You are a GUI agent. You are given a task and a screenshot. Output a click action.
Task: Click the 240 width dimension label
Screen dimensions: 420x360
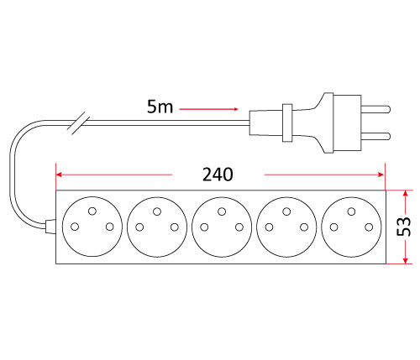click(x=218, y=175)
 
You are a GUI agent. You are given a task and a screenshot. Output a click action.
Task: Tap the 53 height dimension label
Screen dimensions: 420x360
click(x=404, y=227)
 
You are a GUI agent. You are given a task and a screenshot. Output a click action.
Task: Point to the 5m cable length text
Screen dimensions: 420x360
click(x=160, y=107)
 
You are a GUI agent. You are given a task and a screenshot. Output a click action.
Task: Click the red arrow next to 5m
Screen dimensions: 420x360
click(x=208, y=109)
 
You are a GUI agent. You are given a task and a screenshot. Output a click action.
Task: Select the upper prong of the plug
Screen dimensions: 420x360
click(x=375, y=109)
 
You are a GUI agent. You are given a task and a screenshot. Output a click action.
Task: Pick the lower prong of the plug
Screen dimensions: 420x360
click(x=375, y=136)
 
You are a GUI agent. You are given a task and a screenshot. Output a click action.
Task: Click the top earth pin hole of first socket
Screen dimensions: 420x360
click(x=92, y=211)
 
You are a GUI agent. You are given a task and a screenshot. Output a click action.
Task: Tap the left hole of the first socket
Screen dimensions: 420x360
click(x=75, y=227)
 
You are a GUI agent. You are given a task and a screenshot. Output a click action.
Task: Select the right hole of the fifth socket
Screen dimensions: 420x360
click(x=369, y=227)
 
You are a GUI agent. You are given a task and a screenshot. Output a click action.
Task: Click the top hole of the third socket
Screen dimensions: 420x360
click(x=222, y=211)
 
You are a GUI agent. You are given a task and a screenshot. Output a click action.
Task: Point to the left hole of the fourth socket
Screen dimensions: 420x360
click(x=269, y=227)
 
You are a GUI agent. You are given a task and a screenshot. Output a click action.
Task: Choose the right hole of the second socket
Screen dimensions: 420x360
click(x=175, y=227)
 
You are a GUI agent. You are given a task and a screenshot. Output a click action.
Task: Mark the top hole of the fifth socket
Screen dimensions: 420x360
click(x=351, y=211)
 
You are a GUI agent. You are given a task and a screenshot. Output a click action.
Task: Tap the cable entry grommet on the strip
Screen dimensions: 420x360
click(x=50, y=227)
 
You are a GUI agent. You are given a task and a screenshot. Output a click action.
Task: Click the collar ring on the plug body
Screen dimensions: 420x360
click(x=287, y=123)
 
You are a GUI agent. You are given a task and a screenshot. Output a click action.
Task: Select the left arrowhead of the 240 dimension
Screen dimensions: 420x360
click(x=59, y=175)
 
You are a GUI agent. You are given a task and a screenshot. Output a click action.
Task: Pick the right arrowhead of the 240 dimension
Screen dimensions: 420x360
click(x=381, y=175)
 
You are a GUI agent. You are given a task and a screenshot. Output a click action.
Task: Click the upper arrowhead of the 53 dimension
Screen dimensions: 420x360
click(x=405, y=193)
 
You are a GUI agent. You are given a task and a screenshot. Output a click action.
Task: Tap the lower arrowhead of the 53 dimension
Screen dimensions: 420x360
click(x=405, y=260)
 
